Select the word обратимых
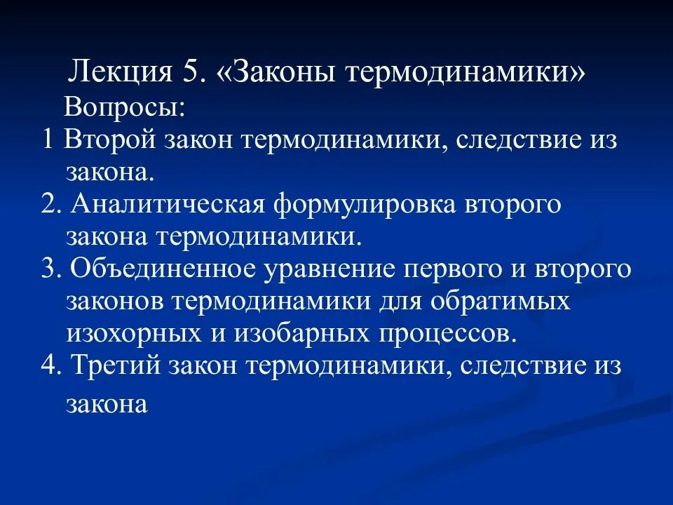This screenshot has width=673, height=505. point(499,302)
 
